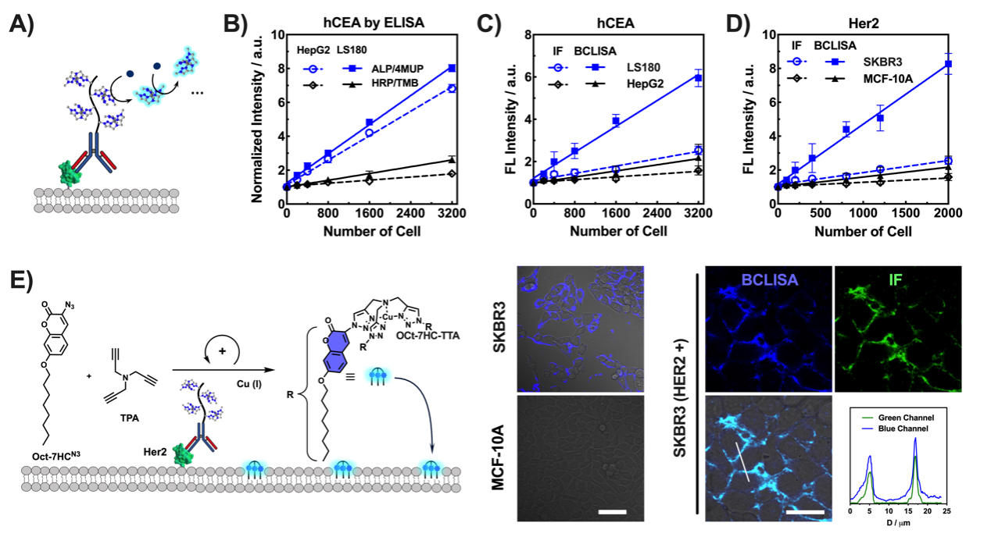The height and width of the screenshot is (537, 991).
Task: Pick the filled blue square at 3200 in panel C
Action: (698, 78)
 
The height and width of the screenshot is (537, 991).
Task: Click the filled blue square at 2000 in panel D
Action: (949, 64)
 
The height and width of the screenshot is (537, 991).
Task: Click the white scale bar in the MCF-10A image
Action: (614, 512)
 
